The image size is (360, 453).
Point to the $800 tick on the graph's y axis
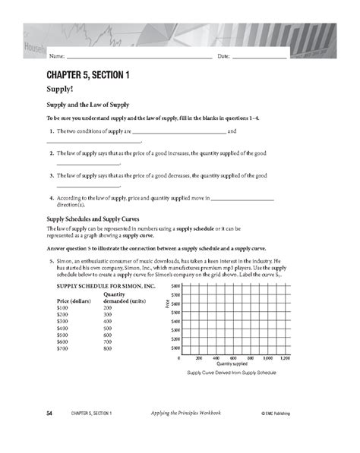175,284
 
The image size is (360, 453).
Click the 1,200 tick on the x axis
286,357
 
